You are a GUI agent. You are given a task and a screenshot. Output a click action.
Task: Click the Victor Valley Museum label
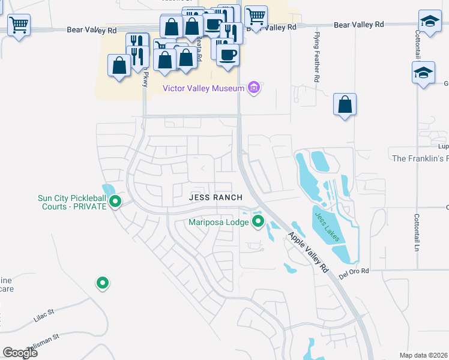pyautogui.click(x=203, y=88)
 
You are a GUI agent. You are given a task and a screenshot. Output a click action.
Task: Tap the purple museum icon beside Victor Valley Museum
pyautogui.click(x=254, y=88)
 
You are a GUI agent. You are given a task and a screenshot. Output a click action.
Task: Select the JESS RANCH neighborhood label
pyautogui.click(x=215, y=197)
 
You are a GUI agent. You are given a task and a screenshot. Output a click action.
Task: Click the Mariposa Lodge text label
pyautogui.click(x=218, y=222)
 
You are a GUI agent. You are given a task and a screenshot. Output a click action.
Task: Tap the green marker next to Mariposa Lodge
pyautogui.click(x=259, y=222)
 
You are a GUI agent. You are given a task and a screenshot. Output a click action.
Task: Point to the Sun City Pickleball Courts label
pyautogui.click(x=72, y=202)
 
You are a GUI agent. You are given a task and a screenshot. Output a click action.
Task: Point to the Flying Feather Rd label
pyautogui.click(x=316, y=58)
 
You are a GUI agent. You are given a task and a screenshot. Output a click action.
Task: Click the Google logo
pyautogui.click(x=20, y=353)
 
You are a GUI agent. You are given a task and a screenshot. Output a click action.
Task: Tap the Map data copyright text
pyautogui.click(x=424, y=355)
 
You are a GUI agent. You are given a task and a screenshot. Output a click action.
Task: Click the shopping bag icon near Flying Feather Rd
pyautogui.click(x=345, y=105)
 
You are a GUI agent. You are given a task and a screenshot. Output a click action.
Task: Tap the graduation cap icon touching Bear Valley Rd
pyautogui.click(x=430, y=22)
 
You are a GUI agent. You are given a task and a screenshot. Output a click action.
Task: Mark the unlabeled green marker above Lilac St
pyautogui.click(x=103, y=282)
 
